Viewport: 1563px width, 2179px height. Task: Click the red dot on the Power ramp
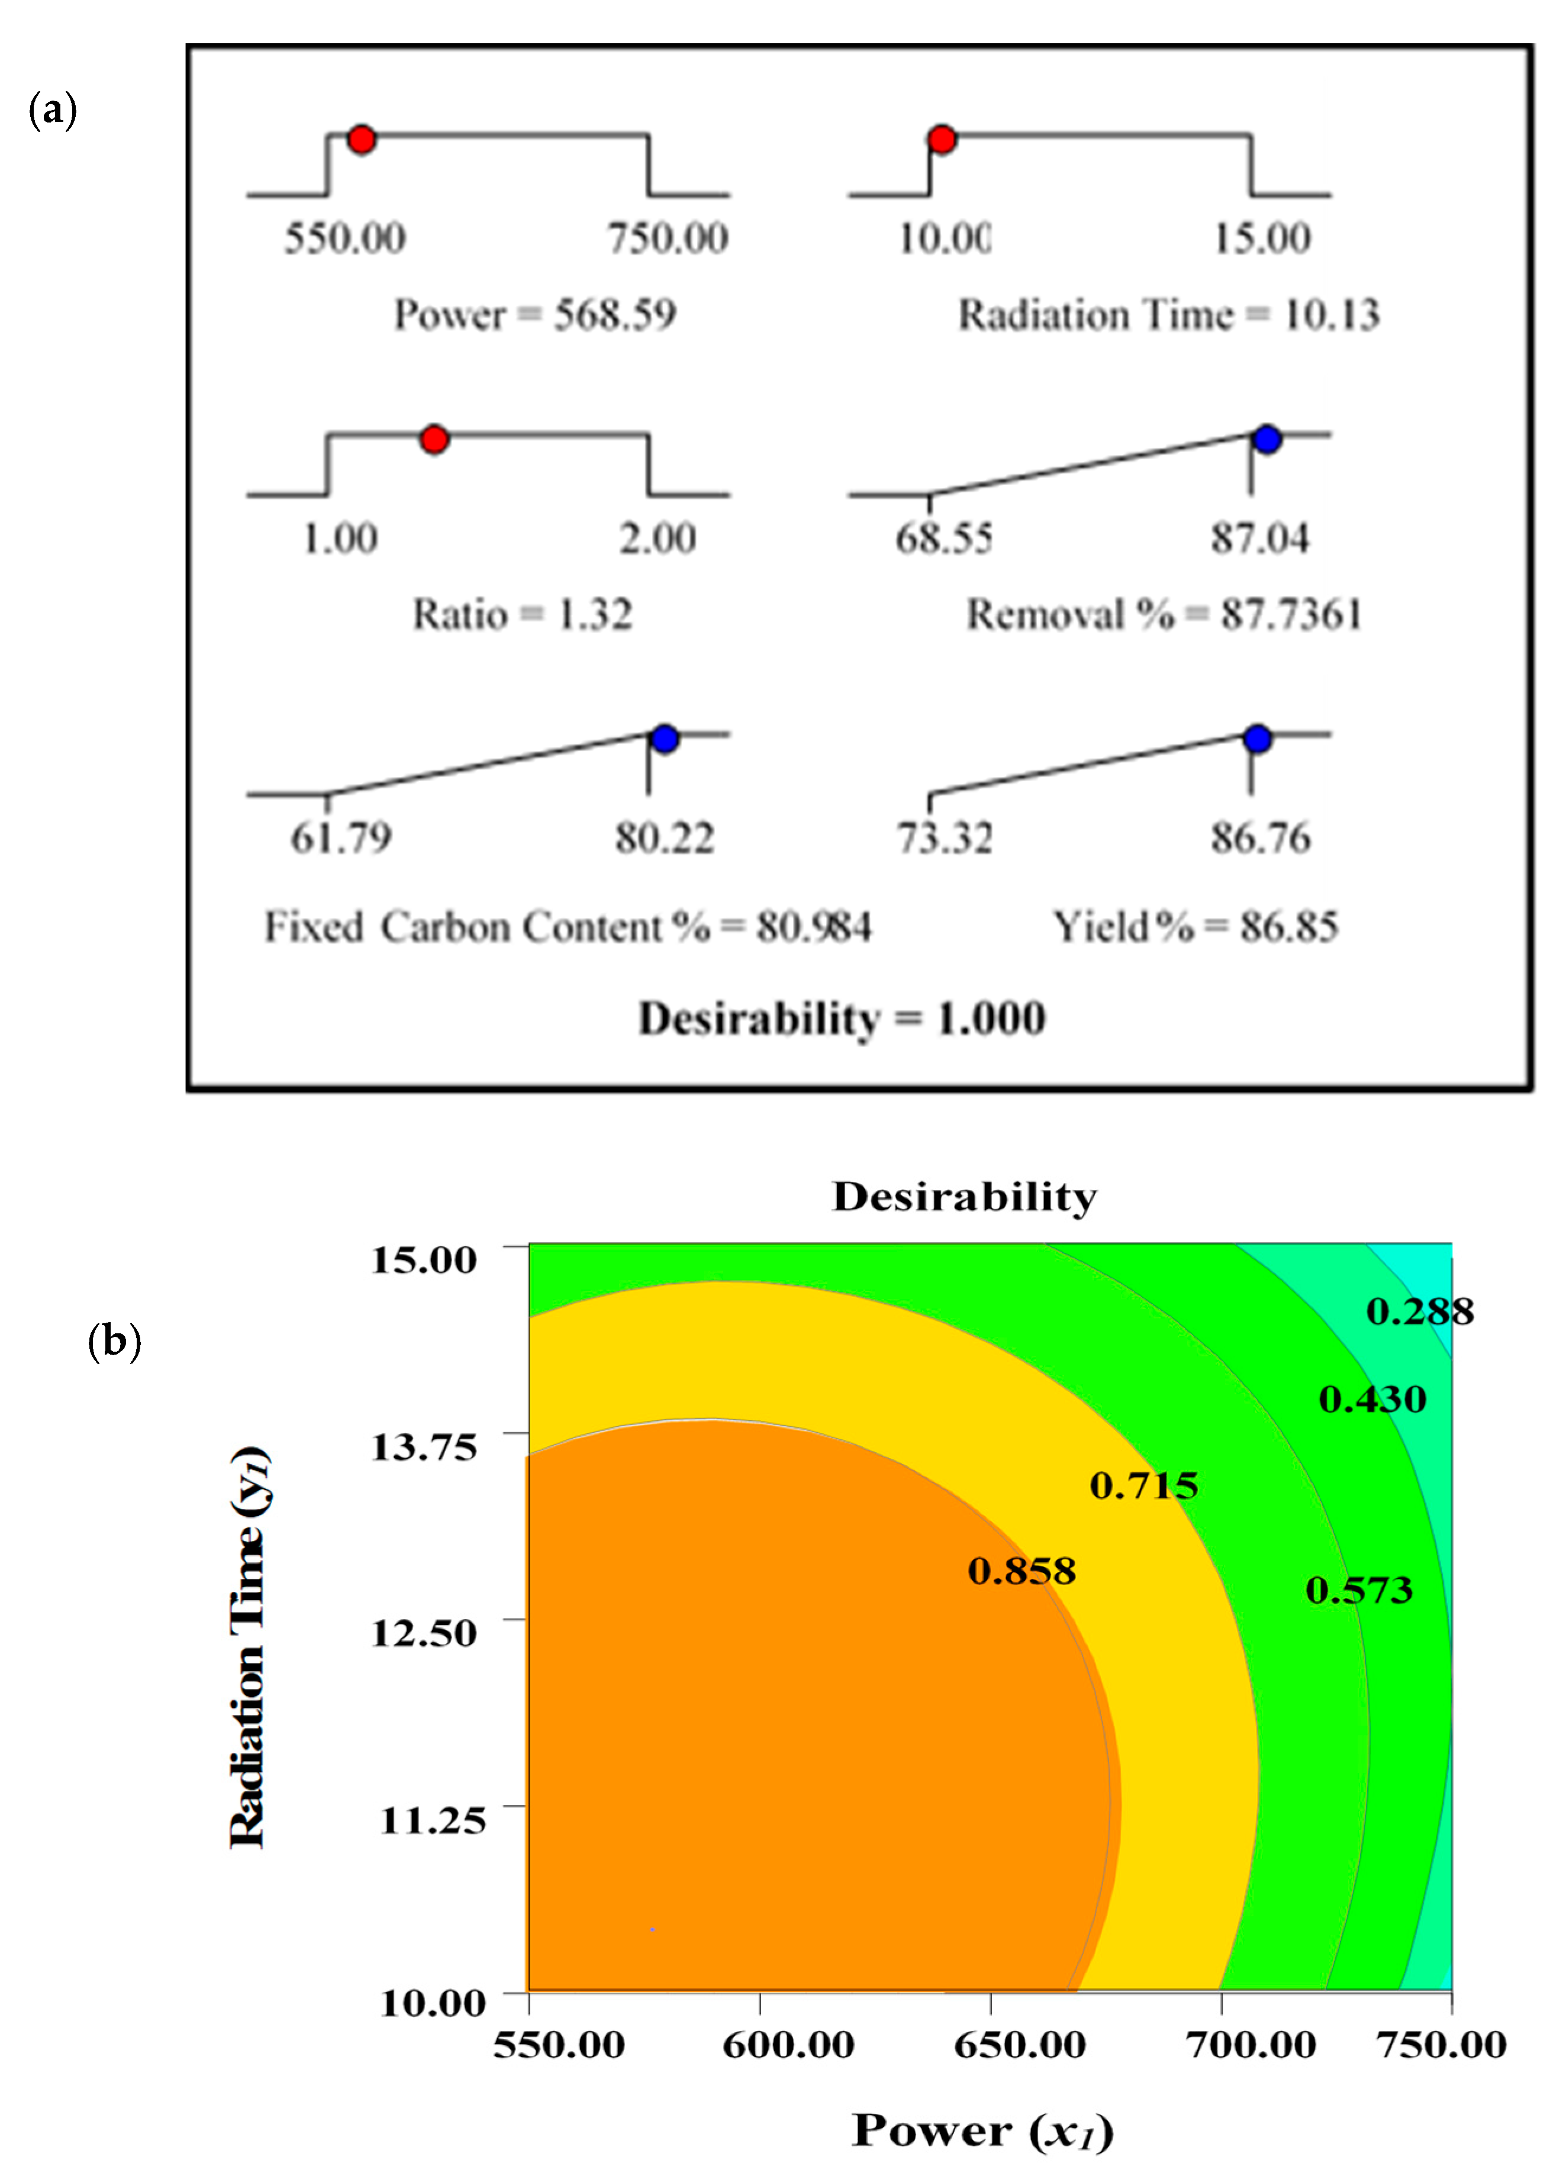361,139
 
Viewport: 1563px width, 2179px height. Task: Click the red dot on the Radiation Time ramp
942,139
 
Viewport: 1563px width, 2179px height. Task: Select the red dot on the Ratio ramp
434,439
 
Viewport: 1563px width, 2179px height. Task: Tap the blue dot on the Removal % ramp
1267,439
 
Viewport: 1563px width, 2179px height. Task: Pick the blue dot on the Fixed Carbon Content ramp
665,739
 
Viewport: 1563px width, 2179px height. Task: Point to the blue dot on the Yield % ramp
1258,739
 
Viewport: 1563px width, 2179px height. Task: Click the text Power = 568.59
535,315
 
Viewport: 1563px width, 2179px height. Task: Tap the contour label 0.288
1419,1311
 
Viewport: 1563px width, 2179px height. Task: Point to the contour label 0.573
1358,1590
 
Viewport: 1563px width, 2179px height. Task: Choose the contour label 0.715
1143,1486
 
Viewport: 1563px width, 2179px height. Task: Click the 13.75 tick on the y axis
424,1446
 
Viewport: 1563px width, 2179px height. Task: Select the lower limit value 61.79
341,838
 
